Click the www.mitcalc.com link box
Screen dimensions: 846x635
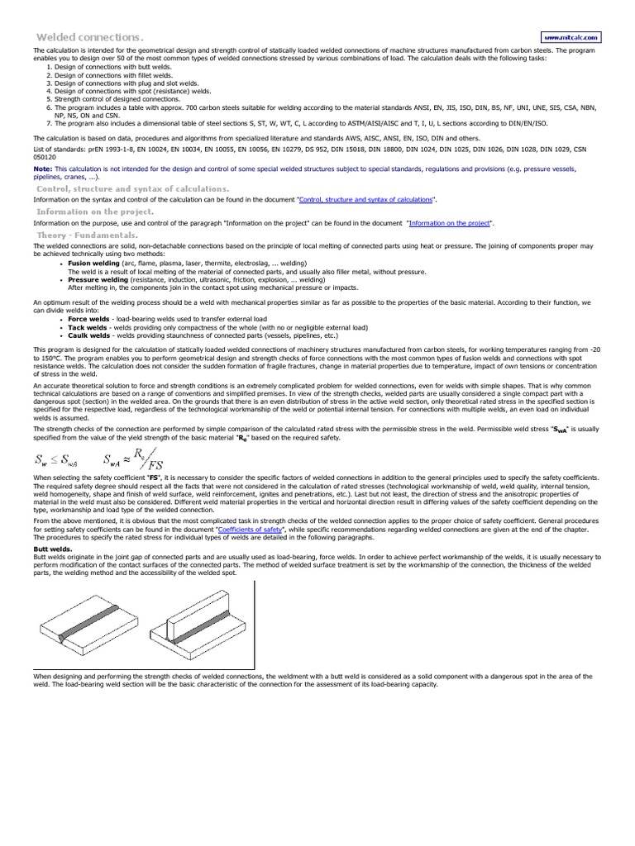point(571,37)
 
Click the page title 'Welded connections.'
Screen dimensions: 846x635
point(90,37)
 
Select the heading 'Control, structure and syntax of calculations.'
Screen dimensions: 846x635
point(122,188)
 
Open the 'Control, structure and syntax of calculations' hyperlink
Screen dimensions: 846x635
point(365,200)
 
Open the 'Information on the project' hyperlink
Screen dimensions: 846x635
point(449,223)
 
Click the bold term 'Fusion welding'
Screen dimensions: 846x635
point(93,264)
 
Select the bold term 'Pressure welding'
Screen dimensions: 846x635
point(98,279)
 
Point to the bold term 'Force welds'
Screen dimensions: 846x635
point(88,317)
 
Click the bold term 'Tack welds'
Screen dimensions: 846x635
point(87,327)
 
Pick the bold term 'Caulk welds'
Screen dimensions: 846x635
point(88,336)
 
